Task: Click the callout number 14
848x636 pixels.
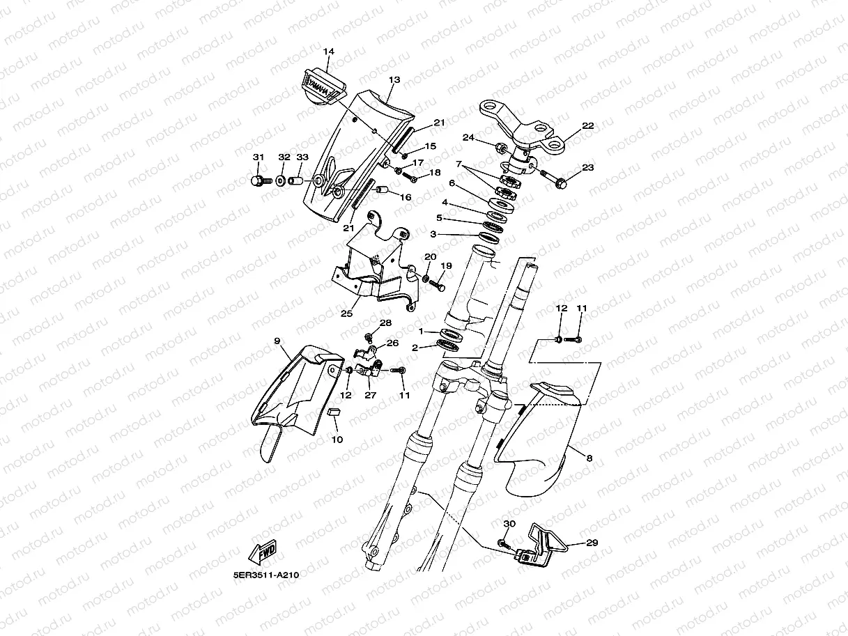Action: pos(329,52)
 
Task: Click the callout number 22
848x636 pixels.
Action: pos(588,126)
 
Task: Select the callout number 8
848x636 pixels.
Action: pos(589,458)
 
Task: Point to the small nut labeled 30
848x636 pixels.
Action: pos(502,542)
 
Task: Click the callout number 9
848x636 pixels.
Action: pos(277,341)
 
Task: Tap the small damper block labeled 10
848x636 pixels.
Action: pos(333,412)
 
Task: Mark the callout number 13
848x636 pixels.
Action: pos(394,80)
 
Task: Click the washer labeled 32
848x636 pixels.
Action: pos(280,181)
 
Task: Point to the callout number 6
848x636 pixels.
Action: pos(452,184)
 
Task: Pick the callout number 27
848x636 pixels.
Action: pos(370,395)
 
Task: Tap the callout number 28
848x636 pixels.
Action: pos(385,323)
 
